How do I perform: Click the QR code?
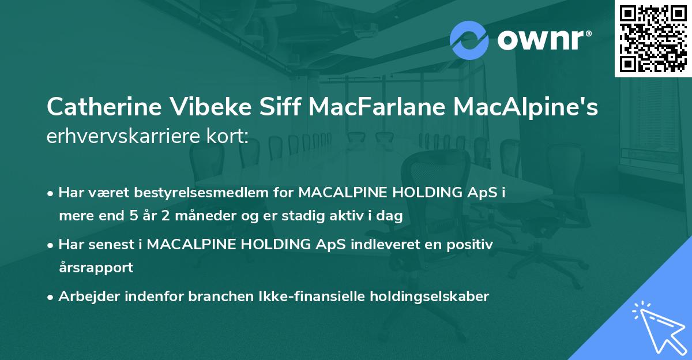pos(653,39)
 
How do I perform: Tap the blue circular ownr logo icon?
pos(469,40)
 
